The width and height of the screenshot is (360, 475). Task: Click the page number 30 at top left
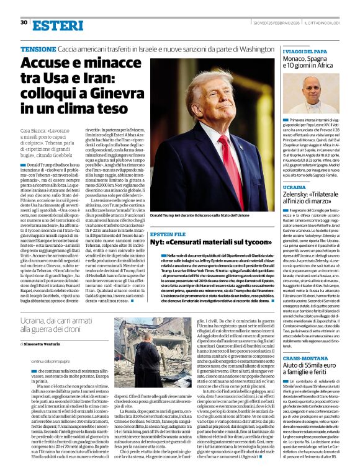click(x=24, y=22)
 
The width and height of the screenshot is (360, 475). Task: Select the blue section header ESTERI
click(x=56, y=25)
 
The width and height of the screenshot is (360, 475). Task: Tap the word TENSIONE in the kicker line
click(x=39, y=48)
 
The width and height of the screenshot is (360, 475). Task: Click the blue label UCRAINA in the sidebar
click(x=295, y=187)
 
